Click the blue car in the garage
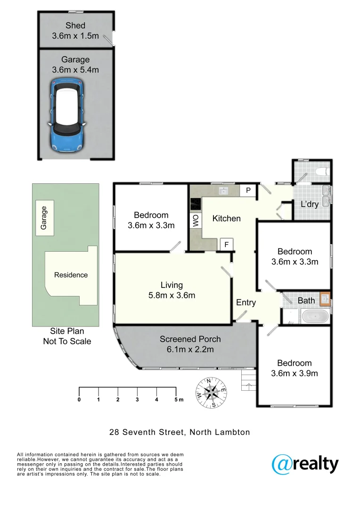[x=67, y=116]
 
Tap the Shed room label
[x=75, y=26]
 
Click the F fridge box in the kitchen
[x=227, y=245]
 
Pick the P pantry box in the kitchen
[x=247, y=190]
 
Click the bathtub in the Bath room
[x=315, y=316]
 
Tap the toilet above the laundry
[x=323, y=172]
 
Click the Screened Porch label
[x=190, y=339]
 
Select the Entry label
[x=245, y=303]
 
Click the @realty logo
[x=305, y=464]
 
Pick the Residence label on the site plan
[x=71, y=275]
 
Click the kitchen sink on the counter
[x=223, y=190]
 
